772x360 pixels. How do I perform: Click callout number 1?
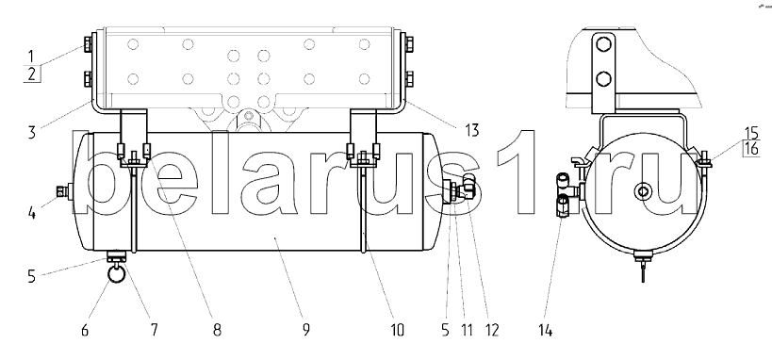(x=31, y=56)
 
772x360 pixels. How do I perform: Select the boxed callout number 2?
(x=32, y=74)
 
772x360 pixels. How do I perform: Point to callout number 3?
(x=32, y=132)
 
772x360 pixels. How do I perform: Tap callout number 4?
(x=31, y=214)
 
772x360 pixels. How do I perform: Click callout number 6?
(x=85, y=330)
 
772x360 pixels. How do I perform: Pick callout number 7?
(x=154, y=330)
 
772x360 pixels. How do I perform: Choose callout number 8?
(x=217, y=330)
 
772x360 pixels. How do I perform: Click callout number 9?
(x=305, y=330)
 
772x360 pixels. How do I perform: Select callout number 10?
(x=397, y=330)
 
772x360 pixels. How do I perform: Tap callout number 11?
(x=466, y=330)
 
